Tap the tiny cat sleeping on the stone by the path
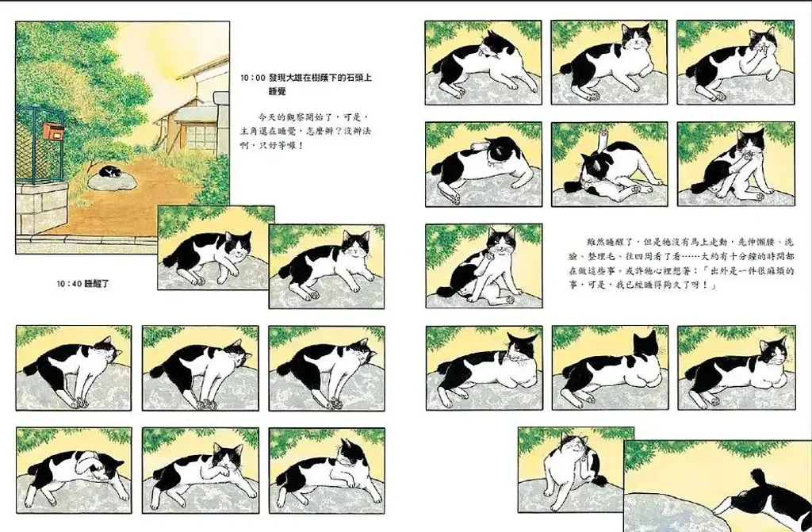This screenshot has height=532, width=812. tap(110, 171)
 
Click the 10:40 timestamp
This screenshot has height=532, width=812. tap(69, 283)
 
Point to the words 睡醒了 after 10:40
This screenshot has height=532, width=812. tap(98, 283)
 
